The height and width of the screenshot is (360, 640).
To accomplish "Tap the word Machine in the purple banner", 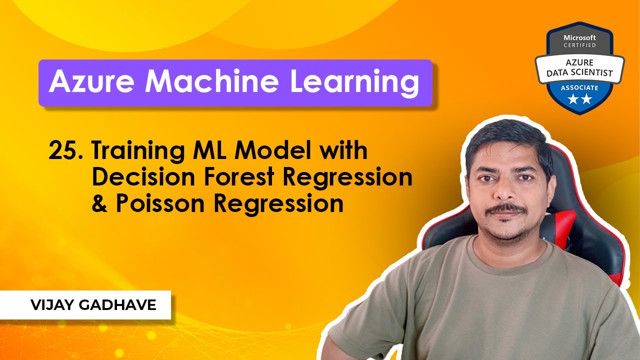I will click(210, 82).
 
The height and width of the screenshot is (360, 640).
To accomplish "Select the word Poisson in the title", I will click(164, 203).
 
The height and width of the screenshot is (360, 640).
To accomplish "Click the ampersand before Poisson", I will click(99, 203).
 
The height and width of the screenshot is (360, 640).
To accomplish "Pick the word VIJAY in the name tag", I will click(50, 305).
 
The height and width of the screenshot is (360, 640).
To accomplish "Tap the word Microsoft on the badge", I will click(580, 37).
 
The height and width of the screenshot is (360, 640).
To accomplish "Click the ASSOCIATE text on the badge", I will click(580, 87).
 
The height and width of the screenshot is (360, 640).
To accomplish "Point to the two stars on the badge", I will click(580, 99).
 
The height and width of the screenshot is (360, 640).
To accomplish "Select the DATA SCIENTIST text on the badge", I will click(580, 73).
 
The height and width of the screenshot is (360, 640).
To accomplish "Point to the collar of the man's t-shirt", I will click(505, 250).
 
